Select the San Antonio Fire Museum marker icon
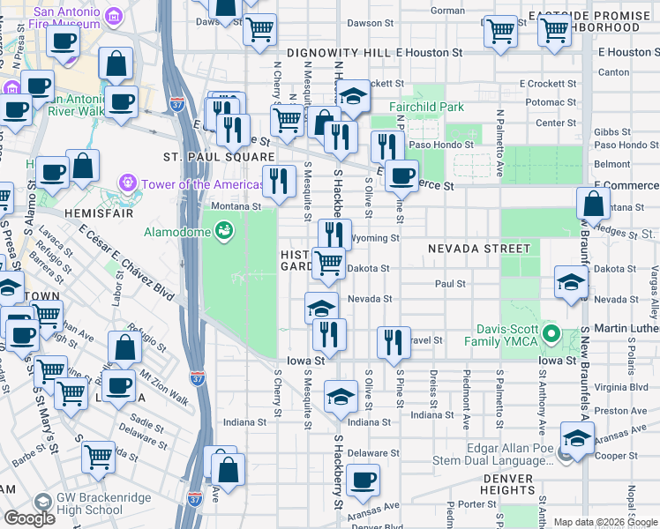113,16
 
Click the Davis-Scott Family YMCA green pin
551,334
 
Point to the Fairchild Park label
426,108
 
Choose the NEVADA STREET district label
479,250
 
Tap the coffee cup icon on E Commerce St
402,175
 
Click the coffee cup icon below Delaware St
363,481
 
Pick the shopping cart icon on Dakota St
328,261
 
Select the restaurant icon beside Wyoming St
333,234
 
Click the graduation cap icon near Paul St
571,282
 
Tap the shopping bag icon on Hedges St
594,204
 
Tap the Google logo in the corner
29,518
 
